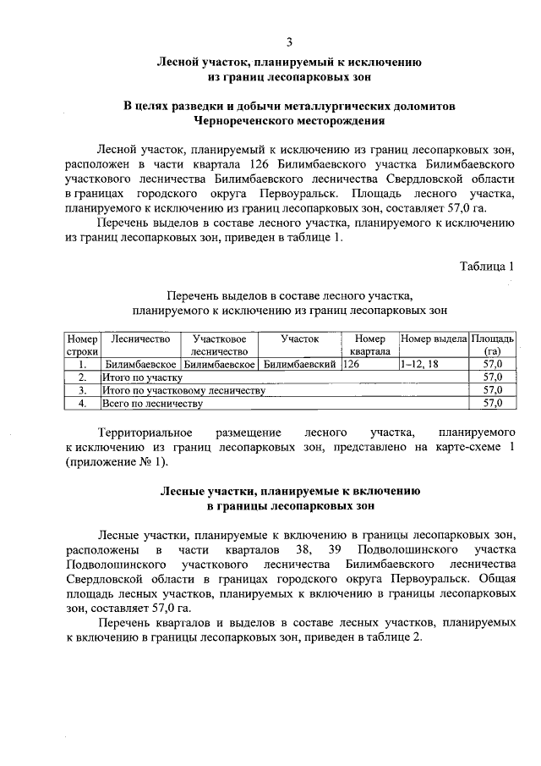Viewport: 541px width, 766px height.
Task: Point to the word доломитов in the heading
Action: point(416,107)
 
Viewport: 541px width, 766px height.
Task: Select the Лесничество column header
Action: point(140,339)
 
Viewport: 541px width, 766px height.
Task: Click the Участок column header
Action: point(300,339)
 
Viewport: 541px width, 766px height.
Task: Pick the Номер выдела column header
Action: point(434,339)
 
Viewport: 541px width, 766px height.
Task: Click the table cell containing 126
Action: point(352,364)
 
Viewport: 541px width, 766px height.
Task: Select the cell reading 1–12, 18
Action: point(420,364)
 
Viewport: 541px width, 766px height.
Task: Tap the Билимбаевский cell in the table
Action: point(300,364)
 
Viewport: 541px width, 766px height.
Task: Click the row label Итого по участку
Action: point(137,377)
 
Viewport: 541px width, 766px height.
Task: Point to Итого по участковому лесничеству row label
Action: point(183,390)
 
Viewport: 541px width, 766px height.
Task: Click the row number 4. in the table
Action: point(83,404)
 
